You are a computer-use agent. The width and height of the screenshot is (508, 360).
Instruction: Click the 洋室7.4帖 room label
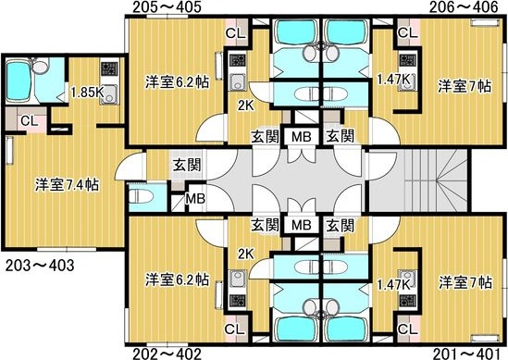[68, 183]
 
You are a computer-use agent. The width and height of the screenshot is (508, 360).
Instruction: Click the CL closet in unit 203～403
[29, 120]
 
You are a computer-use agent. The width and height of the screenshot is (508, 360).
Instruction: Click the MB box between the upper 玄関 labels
[301, 136]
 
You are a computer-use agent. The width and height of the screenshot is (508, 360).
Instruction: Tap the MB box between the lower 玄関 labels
[301, 225]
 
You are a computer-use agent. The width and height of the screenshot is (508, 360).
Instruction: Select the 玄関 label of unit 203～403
[184, 166]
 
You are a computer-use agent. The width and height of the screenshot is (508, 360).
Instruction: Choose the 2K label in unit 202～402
[245, 254]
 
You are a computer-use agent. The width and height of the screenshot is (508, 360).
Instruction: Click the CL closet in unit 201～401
[405, 329]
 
